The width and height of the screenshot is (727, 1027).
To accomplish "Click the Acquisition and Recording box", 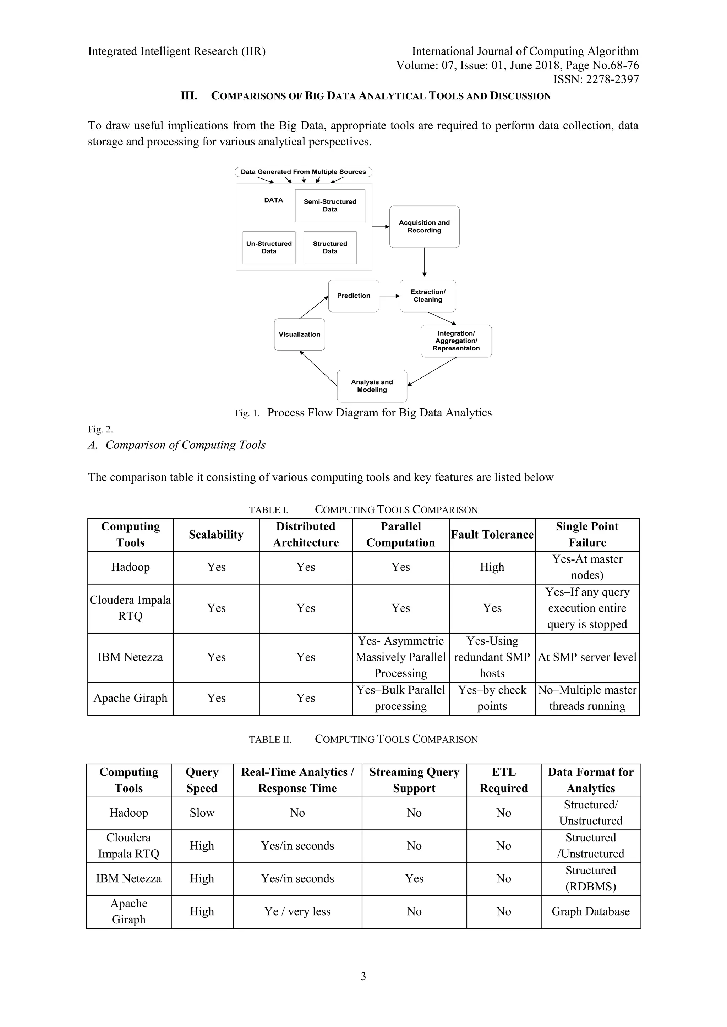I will click(x=424, y=226).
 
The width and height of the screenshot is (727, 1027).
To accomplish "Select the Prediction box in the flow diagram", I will click(x=353, y=296).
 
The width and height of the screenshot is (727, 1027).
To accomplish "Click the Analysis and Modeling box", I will click(x=372, y=386).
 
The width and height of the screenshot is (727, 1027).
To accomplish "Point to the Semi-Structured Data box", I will click(x=330, y=206).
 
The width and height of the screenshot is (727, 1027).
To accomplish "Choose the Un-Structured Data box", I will click(x=269, y=247).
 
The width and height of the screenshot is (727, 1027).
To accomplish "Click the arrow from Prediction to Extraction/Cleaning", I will click(x=389, y=296).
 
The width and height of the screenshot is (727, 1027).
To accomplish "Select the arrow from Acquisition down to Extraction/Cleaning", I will click(x=425, y=263).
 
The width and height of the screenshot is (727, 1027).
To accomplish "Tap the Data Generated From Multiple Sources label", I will click(x=303, y=172).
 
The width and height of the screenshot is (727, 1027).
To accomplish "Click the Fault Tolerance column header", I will click(x=492, y=535).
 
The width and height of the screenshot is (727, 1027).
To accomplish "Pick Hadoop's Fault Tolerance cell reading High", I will click(x=492, y=567).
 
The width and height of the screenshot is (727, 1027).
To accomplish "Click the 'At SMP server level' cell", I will click(x=587, y=657).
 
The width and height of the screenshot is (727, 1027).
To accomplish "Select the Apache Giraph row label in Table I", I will click(x=130, y=698).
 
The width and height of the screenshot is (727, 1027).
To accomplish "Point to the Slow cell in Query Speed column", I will click(x=202, y=813).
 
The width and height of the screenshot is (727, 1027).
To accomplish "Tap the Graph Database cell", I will click(x=590, y=912).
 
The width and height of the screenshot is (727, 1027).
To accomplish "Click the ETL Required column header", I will click(x=504, y=780).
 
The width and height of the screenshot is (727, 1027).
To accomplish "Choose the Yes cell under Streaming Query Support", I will click(x=414, y=878).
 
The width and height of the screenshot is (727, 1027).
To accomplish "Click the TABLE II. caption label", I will click(x=270, y=739).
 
